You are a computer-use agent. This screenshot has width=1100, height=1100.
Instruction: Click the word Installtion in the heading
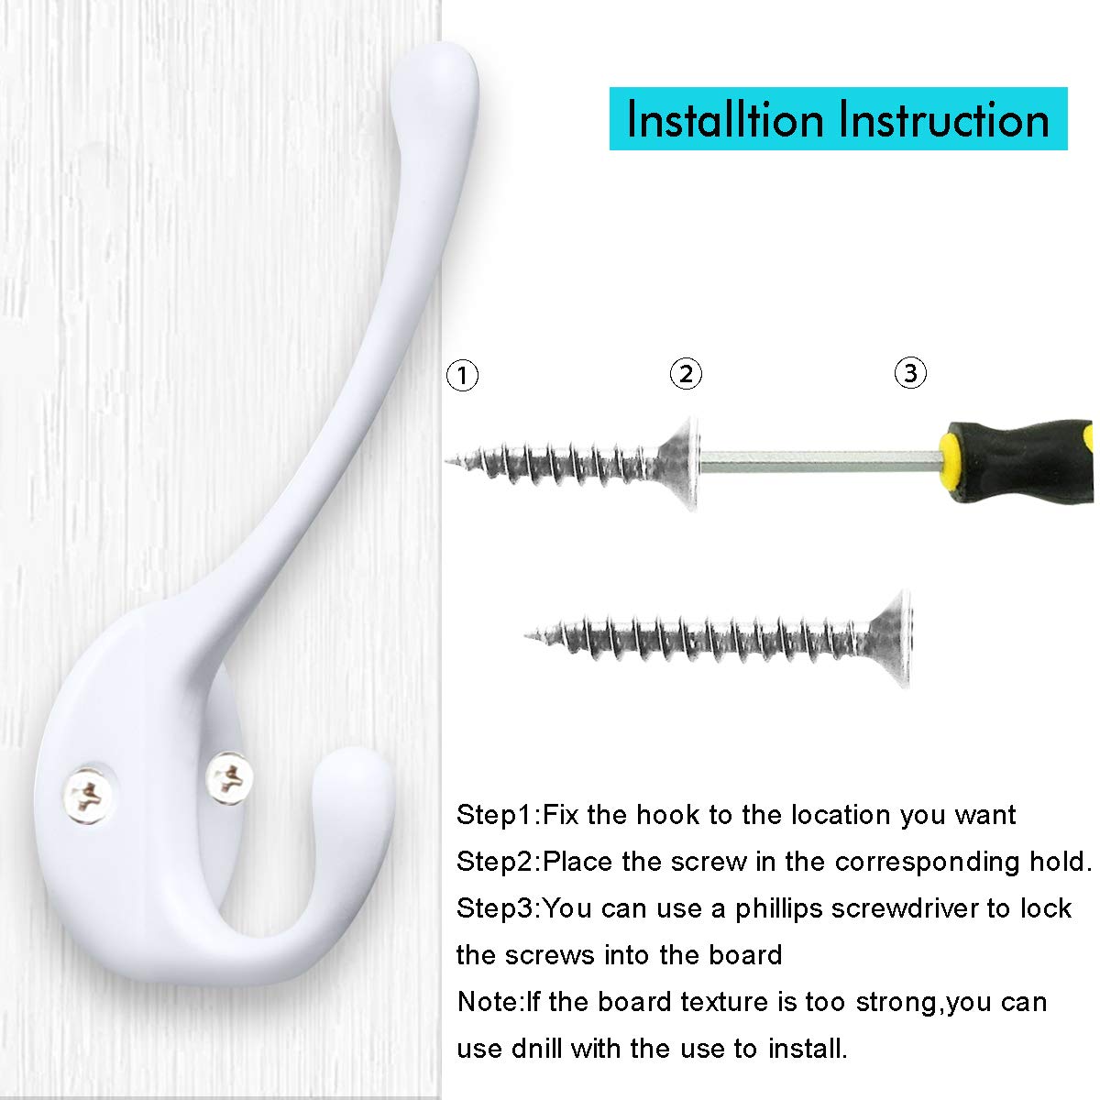coord(725,119)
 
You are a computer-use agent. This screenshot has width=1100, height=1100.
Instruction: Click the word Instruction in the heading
coord(944,119)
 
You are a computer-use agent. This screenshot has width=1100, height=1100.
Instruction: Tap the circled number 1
coord(462,375)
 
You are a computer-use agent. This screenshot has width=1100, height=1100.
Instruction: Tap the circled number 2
coord(686,373)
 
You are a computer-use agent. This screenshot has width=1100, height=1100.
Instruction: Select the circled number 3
coord(910,373)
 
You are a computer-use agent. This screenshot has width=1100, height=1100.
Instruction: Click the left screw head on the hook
coord(88,795)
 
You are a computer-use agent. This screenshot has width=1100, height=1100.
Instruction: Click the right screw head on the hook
coord(229,778)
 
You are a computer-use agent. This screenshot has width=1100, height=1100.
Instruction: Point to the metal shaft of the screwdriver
coord(820,461)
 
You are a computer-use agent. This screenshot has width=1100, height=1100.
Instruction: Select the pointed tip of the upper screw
coord(447,461)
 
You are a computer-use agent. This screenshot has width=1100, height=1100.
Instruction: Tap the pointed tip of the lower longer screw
coord(527,635)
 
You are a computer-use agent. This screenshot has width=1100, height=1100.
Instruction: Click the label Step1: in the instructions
coord(499,815)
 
